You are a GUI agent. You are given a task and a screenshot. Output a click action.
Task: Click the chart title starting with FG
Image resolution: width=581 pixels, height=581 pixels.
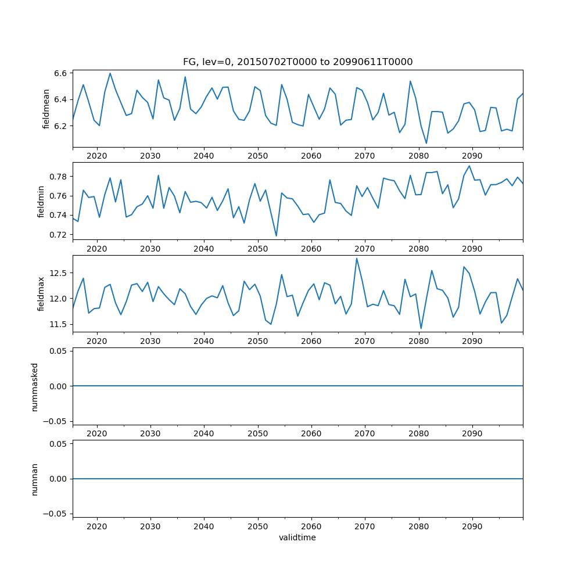pos(297,62)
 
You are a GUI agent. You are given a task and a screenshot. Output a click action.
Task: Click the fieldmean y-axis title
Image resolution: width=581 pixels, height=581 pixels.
pos(46,109)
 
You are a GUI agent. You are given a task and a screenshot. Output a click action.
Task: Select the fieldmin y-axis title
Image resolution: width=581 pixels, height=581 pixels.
pos(41,201)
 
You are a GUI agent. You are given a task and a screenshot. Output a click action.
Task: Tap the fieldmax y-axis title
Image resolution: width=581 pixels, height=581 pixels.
pos(41,293)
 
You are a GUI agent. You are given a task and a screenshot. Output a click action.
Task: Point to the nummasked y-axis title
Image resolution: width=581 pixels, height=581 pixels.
pos(35,386)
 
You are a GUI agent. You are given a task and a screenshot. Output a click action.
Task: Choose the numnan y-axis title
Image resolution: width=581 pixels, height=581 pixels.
pos(35,479)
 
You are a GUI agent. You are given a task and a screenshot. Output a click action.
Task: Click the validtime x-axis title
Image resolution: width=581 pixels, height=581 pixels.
pos(297,538)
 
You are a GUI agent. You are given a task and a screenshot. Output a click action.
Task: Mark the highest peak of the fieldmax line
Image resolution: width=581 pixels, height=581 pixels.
pos(356,259)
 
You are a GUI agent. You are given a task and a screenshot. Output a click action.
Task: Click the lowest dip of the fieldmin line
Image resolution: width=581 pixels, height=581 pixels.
pos(276,236)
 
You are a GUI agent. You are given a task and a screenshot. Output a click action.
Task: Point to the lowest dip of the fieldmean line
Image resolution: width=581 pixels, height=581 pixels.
pos(426,144)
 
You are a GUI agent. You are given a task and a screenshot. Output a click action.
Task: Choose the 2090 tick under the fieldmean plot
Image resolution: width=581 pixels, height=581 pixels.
pos(472,156)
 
